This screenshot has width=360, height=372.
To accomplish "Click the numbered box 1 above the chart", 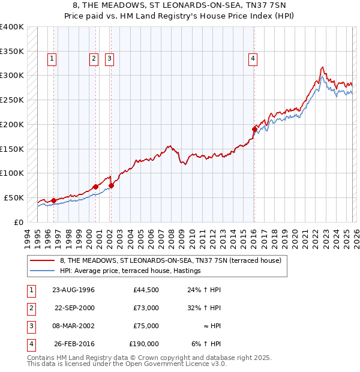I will (53, 59).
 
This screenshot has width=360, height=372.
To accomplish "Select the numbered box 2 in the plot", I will (94, 59).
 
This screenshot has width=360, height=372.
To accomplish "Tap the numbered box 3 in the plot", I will (110, 59).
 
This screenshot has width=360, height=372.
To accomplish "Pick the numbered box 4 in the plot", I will (253, 59).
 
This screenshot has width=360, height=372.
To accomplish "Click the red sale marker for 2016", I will (254, 128).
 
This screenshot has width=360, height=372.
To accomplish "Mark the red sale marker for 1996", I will (53, 200).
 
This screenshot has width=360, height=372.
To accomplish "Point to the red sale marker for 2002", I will (111, 185).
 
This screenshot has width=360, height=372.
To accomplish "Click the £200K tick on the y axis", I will (12, 124).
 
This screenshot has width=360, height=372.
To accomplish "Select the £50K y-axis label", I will (14, 197).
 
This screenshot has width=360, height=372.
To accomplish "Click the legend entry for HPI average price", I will (130, 271).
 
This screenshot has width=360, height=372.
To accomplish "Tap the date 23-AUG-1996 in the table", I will (74, 290).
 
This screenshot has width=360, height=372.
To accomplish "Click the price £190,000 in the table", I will (144, 344).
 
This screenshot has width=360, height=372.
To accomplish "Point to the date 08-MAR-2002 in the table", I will (74, 326).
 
